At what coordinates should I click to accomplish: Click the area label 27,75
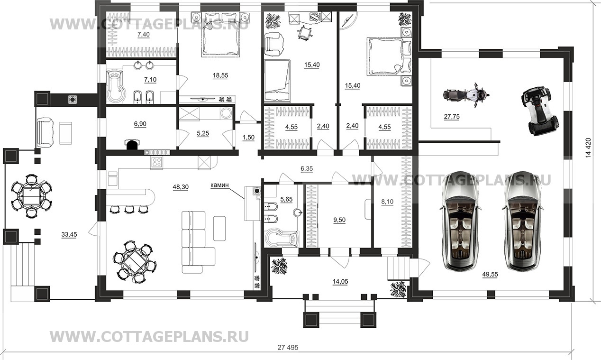[x=452, y=116]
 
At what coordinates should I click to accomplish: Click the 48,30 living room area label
[x=180, y=187]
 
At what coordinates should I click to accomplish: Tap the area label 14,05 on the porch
[x=340, y=281]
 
